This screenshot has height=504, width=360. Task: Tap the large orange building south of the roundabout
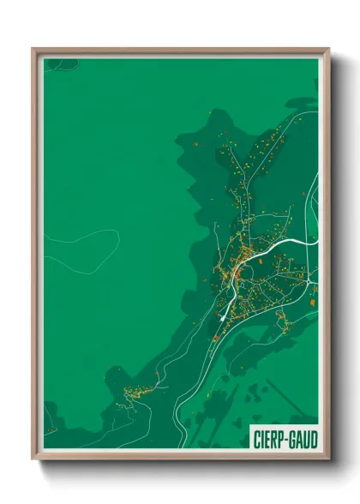point(314,301)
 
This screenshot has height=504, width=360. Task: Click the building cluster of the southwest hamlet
point(135,393)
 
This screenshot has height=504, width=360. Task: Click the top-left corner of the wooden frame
point(33,49)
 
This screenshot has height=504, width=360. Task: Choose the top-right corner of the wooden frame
point(328,49)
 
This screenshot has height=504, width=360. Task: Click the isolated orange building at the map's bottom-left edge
point(50,429)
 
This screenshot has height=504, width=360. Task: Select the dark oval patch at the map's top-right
point(301,102)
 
